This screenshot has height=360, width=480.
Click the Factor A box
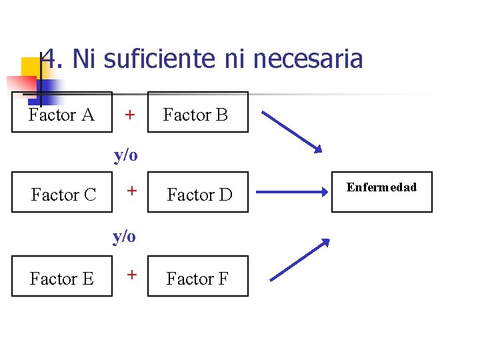coord(62,113)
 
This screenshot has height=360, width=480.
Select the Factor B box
coord(197,113)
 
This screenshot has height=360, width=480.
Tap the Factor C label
coord(63,195)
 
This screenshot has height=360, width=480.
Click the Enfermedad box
coord(382,192)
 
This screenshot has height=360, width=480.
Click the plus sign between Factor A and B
coord(131,115)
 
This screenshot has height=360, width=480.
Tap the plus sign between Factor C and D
coord(132,191)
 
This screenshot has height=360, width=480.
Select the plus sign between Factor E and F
coord(132,274)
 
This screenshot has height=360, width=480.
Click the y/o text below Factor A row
coord(125,155)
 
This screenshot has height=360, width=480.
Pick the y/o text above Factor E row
coord(124,236)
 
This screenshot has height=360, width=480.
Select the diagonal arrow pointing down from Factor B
coord(291,131)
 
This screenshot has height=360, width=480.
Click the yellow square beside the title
coord(30,68)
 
